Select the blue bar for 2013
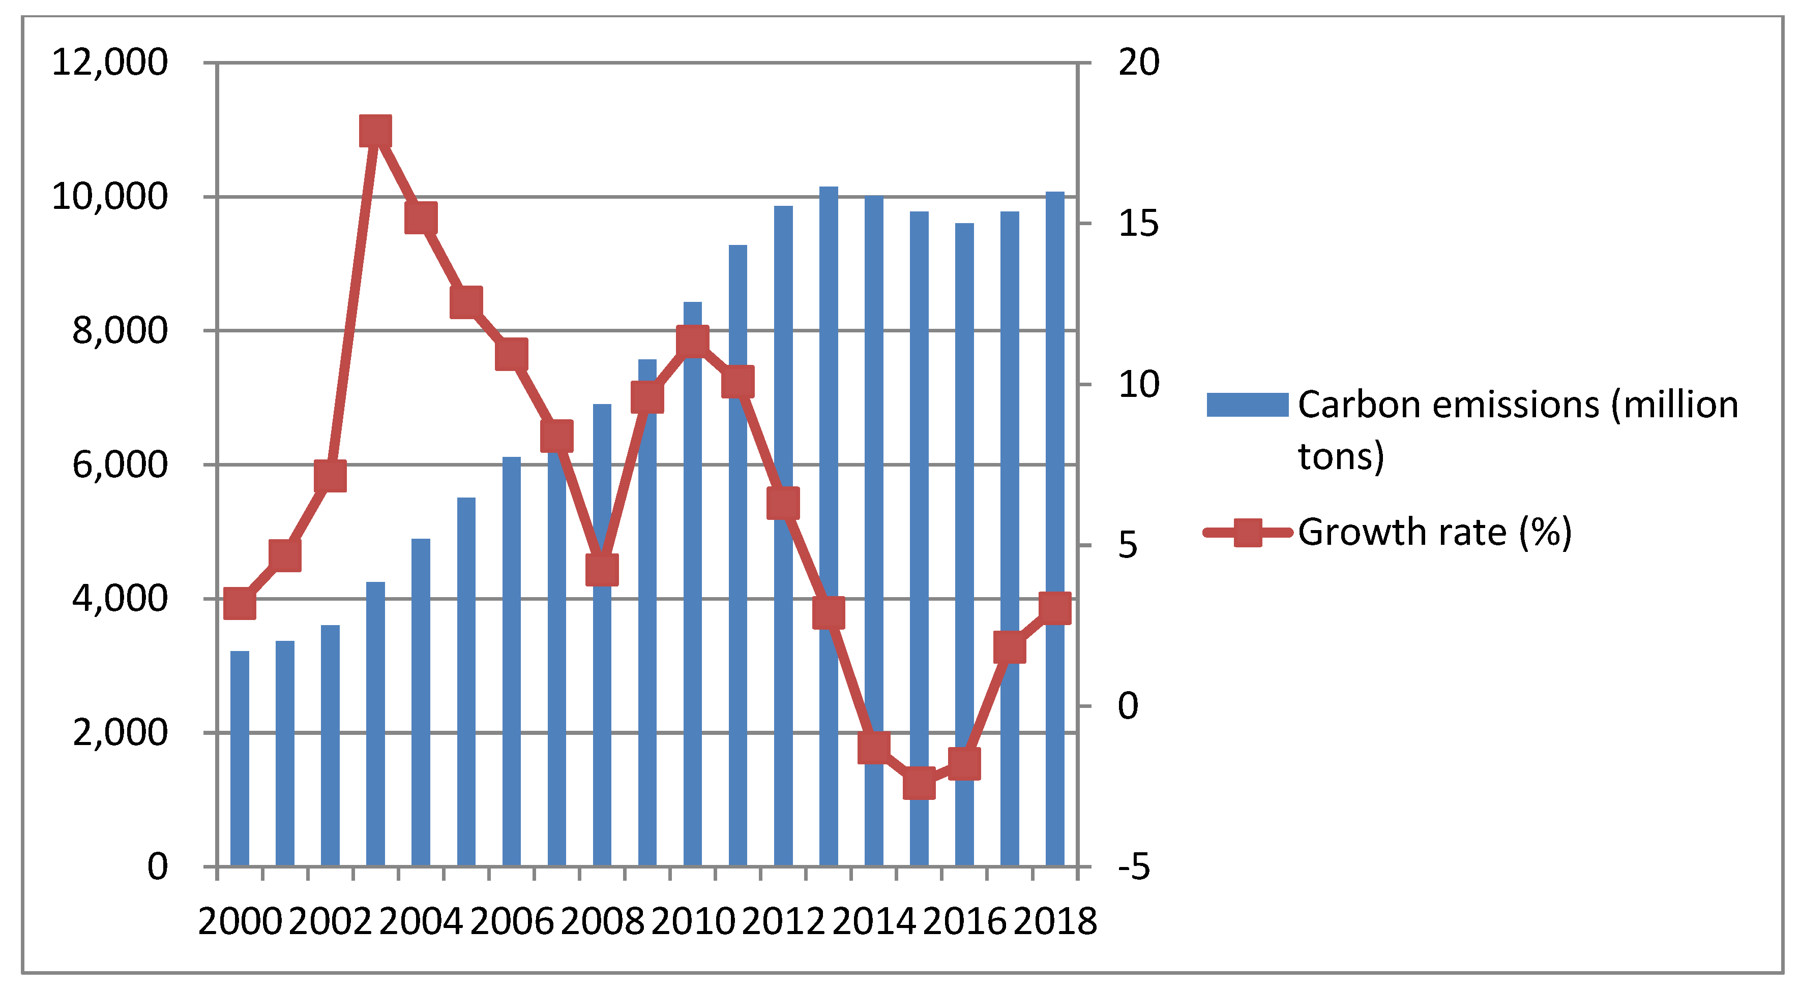(828, 524)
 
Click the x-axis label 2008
(602, 921)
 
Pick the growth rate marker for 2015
(919, 784)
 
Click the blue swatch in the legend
(1247, 405)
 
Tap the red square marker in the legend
(1247, 532)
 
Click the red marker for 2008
(602, 570)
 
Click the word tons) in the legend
(1340, 456)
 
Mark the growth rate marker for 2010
(692, 341)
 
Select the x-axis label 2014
(873, 921)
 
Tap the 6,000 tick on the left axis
(120, 464)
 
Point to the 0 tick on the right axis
(1128, 706)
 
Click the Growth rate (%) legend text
(1434, 532)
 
